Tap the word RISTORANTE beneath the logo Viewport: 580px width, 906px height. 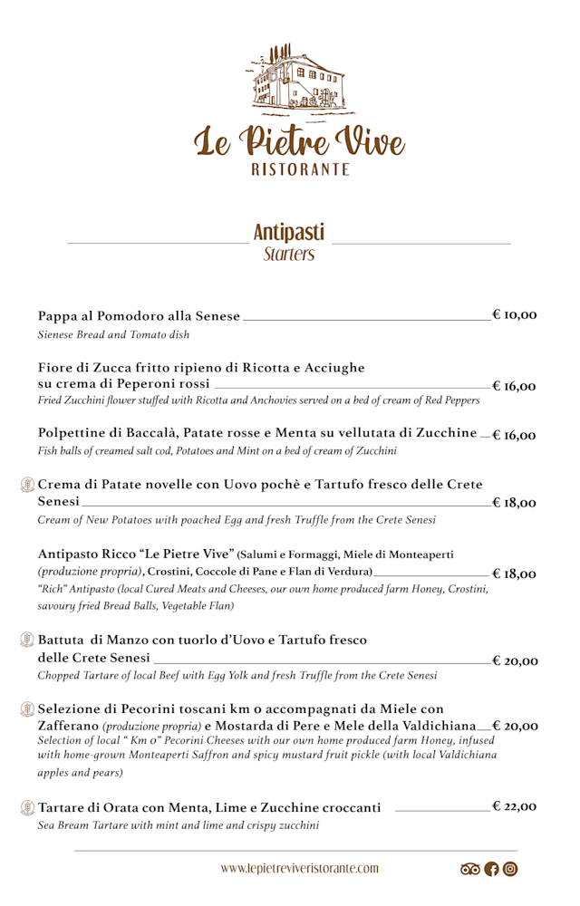coord(300,169)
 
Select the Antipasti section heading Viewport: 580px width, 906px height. coord(289,232)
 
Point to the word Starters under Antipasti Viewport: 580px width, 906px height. coord(289,254)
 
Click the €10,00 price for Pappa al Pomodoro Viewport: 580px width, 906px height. coord(515,315)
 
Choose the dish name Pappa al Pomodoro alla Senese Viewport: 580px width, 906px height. coord(139,316)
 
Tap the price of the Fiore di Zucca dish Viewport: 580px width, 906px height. coord(515,386)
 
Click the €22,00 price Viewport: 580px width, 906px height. coord(515,806)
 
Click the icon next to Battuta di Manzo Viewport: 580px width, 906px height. coord(27,640)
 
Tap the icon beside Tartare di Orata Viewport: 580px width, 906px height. coord(27,807)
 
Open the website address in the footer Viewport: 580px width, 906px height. coord(299,868)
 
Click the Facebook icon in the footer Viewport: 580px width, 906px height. coord(492,869)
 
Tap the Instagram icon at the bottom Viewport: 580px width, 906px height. coord(510,869)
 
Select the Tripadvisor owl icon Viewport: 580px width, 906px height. coord(470,869)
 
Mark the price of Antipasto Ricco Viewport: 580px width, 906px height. coord(515,573)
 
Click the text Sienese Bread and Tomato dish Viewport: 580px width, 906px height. coord(113,335)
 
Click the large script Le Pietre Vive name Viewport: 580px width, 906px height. coord(299,140)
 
